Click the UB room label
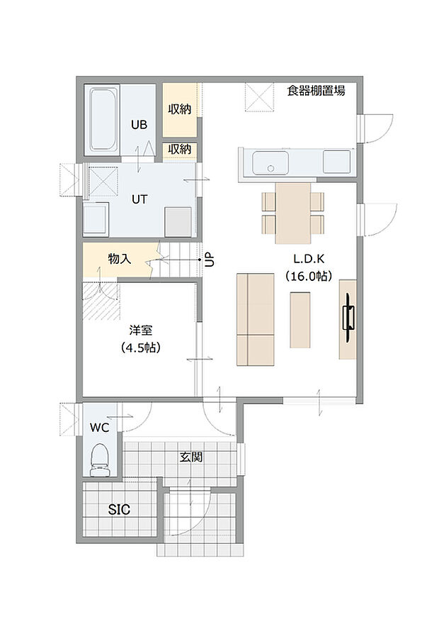click(x=139, y=125)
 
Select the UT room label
click(x=139, y=199)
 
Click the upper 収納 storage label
click(x=179, y=109)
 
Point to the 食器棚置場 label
click(x=316, y=90)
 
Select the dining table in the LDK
click(x=293, y=211)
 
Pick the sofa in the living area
click(x=255, y=319)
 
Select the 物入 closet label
click(x=119, y=259)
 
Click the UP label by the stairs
click(x=209, y=260)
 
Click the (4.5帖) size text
click(x=139, y=348)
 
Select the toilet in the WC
click(x=100, y=459)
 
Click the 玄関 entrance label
click(x=190, y=457)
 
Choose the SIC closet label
click(x=119, y=509)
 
